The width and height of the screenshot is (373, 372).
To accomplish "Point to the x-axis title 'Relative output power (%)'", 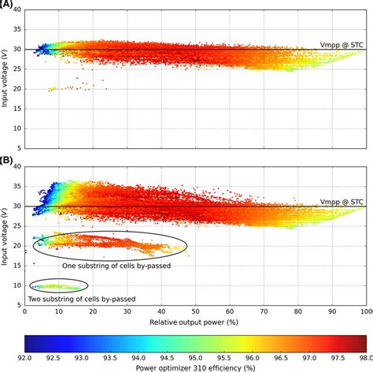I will pos(197,322).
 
